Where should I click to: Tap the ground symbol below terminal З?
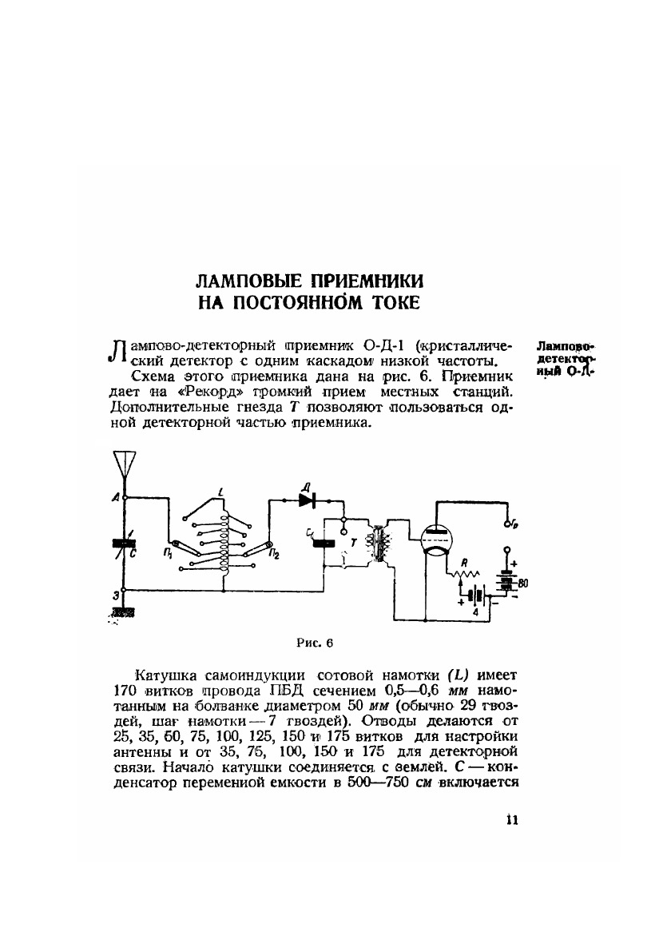[x=122, y=611]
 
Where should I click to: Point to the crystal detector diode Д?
[x=308, y=499]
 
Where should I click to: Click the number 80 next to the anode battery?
[x=522, y=584]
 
